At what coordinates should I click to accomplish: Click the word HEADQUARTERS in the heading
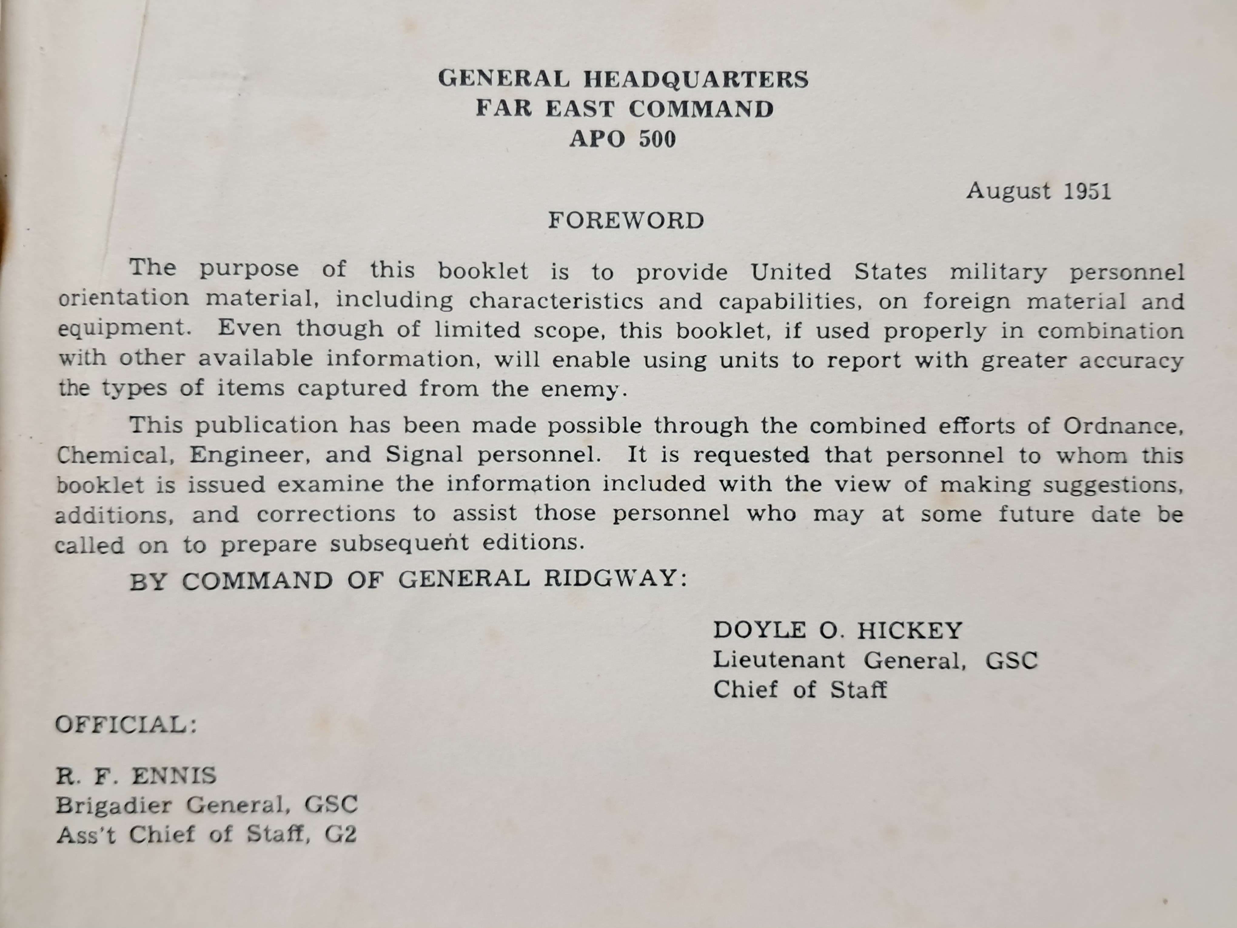click(x=696, y=79)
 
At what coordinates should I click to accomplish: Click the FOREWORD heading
click(x=626, y=221)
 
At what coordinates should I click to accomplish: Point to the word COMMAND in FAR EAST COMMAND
click(x=701, y=109)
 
